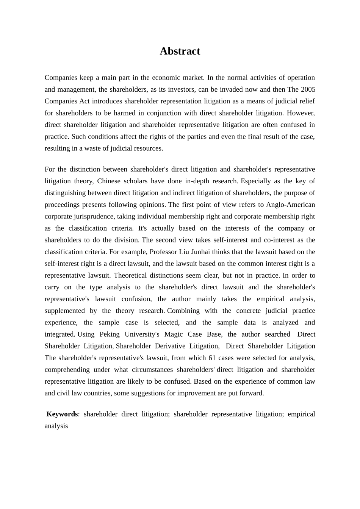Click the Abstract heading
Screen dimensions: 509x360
tap(180, 51)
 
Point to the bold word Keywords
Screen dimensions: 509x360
tap(62, 414)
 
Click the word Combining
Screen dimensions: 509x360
tap(183, 311)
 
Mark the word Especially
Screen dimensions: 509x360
tap(259, 181)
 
